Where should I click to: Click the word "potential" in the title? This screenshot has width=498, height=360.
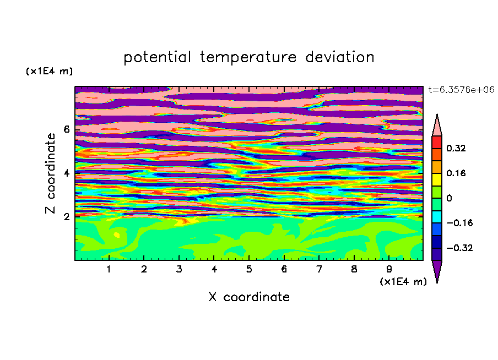pos(157,58)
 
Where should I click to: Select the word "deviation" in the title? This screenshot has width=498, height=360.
pos(340,57)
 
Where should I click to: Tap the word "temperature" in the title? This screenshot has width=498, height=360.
pos(248,58)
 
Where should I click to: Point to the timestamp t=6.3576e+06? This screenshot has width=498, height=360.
pos(461,90)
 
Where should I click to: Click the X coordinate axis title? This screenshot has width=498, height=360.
pos(249,297)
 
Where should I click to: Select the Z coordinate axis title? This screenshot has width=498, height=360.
pos(51,173)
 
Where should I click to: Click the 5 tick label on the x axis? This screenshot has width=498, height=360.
pos(249,269)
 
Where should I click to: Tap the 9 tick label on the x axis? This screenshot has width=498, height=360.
pos(389,269)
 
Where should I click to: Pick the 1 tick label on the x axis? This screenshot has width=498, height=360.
pos(109,269)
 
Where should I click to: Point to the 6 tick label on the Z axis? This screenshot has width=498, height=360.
pos(66,129)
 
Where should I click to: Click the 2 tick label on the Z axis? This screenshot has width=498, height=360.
pos(66,217)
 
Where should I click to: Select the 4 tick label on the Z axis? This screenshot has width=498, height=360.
pos(66,173)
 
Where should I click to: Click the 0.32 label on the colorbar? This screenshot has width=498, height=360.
pos(456,148)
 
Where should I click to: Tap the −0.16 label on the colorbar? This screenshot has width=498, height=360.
pos(459,223)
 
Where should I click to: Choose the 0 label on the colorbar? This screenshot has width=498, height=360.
pos(449,198)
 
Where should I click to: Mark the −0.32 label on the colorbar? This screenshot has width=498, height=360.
pos(459,248)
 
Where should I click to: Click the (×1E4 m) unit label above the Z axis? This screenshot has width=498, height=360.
pos(49,71)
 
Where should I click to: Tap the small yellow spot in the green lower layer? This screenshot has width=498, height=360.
pos(117,235)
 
